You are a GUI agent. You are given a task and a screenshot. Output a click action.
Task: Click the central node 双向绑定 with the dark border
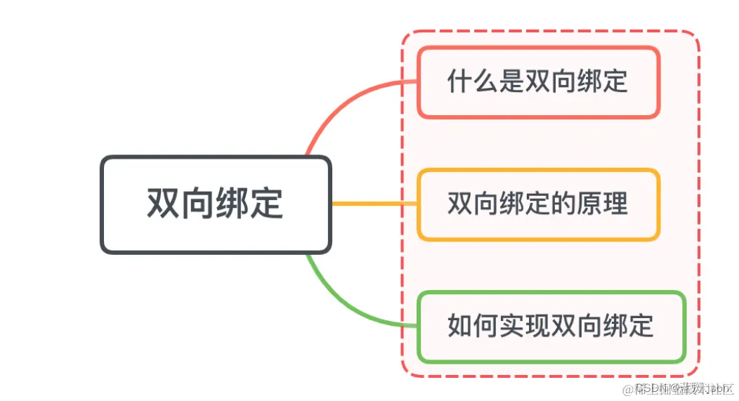pos(215,204)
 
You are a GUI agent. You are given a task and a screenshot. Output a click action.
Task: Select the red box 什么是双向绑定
pos(538,82)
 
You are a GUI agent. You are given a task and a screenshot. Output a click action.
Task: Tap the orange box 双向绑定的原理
pos(538,204)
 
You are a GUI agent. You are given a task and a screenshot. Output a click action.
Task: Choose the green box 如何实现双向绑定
pos(551,327)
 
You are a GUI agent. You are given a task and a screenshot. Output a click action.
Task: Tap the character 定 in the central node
pos(267,204)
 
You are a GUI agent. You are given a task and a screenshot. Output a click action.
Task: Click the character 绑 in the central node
pos(233,204)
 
